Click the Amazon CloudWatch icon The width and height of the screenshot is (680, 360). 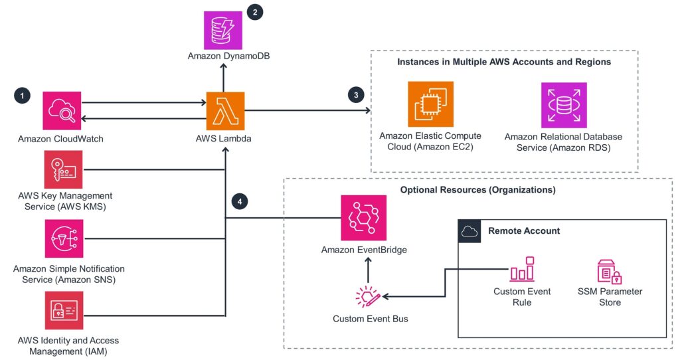[x=62, y=111]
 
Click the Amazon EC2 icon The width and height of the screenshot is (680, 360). [x=430, y=104]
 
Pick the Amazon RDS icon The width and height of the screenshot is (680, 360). [x=564, y=105]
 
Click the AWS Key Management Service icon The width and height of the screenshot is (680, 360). [x=64, y=169]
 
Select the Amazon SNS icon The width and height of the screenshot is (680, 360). [x=64, y=238]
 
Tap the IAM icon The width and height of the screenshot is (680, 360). [x=64, y=310]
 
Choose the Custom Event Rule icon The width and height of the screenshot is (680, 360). [x=522, y=272]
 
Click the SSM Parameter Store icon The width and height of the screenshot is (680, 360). [x=610, y=272]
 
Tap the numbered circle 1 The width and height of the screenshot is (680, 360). [x=23, y=96]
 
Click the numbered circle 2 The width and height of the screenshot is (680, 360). [x=254, y=13]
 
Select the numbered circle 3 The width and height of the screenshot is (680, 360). [x=357, y=95]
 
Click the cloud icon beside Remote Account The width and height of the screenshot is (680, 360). [x=469, y=231]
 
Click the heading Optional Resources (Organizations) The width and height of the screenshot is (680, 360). [x=477, y=190]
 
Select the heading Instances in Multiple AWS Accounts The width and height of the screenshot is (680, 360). [x=503, y=62]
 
